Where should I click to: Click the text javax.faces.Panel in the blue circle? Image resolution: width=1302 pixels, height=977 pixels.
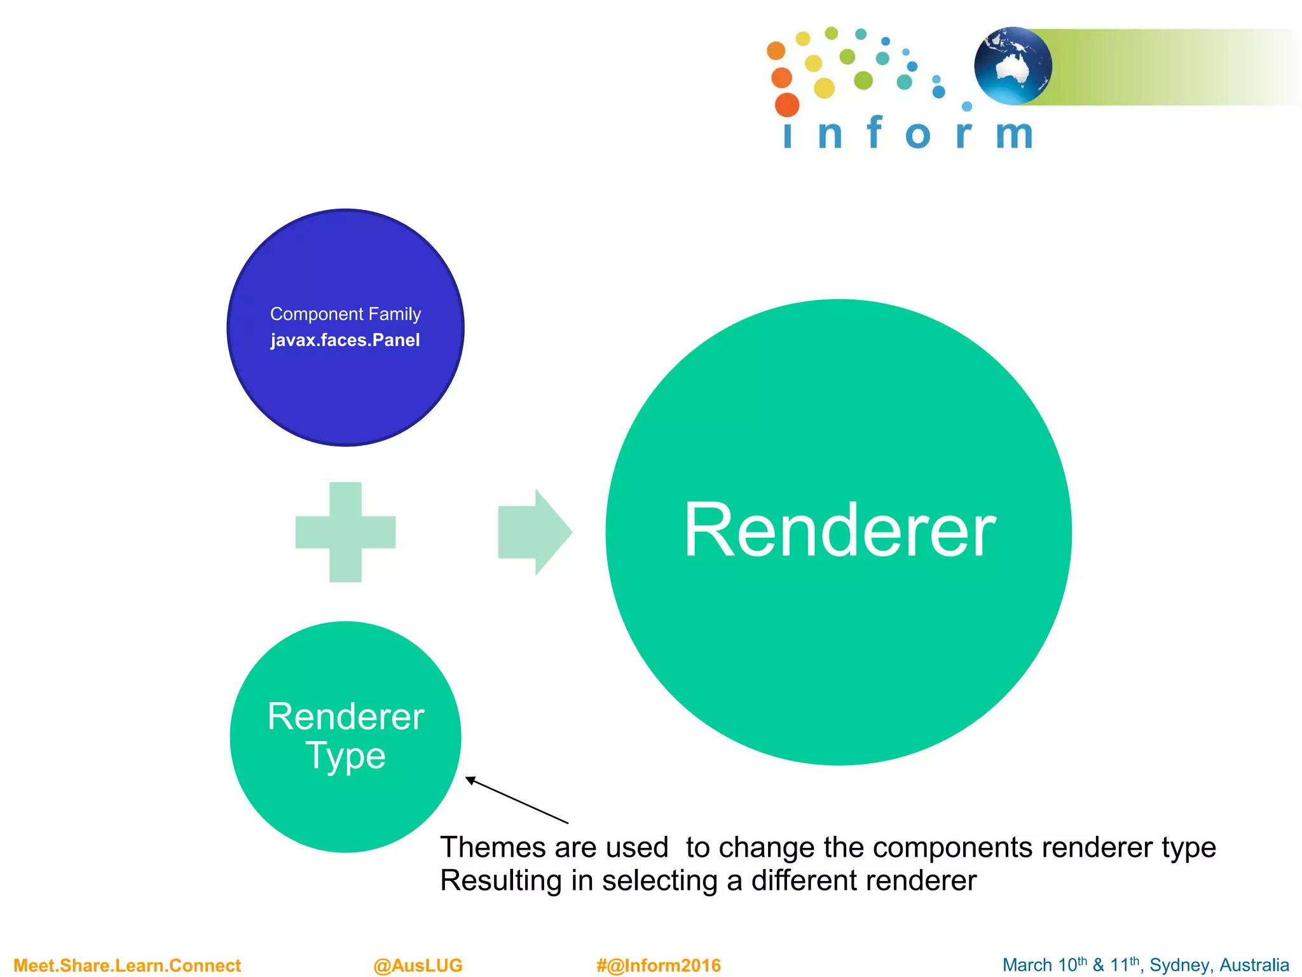pyautogui.click(x=345, y=340)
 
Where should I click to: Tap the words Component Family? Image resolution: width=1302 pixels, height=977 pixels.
pyautogui.click(x=345, y=314)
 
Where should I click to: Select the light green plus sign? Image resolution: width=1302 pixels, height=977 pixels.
pyautogui.click(x=345, y=532)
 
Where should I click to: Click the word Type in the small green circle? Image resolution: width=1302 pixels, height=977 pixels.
pyautogui.click(x=345, y=756)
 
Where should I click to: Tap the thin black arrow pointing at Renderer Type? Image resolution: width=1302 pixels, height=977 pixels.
pyautogui.click(x=516, y=800)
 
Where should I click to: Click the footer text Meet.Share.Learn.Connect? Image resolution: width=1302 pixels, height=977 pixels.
pyautogui.click(x=127, y=966)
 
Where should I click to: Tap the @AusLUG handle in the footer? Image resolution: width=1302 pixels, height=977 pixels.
pyautogui.click(x=418, y=966)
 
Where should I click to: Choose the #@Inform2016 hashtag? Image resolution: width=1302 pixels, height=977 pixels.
pyautogui.click(x=659, y=966)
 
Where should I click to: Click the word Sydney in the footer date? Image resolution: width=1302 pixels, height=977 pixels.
pyautogui.click(x=1175, y=966)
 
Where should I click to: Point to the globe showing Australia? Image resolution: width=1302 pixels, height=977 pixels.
pyautogui.click(x=1013, y=66)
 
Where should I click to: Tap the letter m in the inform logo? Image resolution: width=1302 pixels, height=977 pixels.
pyautogui.click(x=1014, y=135)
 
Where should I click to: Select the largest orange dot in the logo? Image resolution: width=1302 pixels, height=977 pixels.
pyautogui.click(x=787, y=105)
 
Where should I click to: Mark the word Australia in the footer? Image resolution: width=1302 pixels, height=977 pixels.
pyautogui.click(x=1254, y=966)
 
